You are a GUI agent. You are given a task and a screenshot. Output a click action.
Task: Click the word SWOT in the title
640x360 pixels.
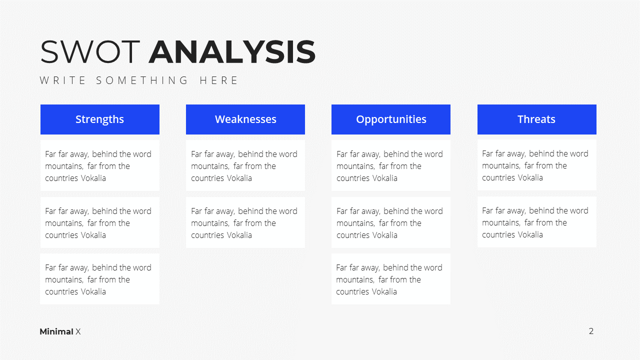[x=90, y=51]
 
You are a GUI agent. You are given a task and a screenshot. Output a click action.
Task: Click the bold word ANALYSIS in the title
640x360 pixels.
[x=232, y=51]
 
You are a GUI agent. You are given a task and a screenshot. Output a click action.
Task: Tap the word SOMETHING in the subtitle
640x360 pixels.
[x=141, y=80]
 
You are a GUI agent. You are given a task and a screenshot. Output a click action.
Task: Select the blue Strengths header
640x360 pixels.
[x=100, y=119]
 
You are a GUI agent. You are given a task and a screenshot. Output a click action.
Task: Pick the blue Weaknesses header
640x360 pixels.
[x=245, y=119]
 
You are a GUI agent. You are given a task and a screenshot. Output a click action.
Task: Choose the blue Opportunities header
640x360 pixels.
[x=391, y=119]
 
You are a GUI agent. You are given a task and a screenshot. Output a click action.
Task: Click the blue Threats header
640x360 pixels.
[x=537, y=119]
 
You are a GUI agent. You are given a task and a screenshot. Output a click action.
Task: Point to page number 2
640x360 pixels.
[x=591, y=331]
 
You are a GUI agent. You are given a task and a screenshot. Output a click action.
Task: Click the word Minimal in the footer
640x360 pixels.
[x=56, y=331]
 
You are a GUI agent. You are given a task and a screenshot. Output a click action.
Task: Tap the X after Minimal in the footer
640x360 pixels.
[x=78, y=331]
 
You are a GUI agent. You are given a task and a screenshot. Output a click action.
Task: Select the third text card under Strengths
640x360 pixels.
[x=100, y=279]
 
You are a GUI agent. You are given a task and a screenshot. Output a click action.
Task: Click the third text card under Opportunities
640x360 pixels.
[x=391, y=279]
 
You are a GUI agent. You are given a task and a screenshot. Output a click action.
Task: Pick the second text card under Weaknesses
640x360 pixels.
[x=245, y=222]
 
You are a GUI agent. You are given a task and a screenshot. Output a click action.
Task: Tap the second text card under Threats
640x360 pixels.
[x=537, y=222]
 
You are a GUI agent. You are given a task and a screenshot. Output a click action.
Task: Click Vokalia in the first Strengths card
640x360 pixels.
[x=93, y=178]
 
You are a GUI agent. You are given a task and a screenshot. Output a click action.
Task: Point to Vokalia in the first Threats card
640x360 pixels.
[x=530, y=177]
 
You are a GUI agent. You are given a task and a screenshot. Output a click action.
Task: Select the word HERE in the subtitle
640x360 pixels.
[x=218, y=80]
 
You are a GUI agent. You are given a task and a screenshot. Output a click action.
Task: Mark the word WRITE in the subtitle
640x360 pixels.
[x=62, y=80]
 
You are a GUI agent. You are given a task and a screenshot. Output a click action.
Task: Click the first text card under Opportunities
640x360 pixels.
[x=391, y=165]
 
